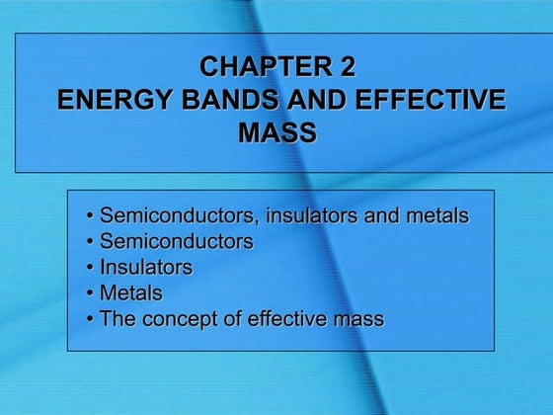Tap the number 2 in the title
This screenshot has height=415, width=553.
(x=347, y=68)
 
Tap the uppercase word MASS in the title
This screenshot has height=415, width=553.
(x=276, y=132)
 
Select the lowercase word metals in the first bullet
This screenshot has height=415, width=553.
(x=437, y=214)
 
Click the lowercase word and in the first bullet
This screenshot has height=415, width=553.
(x=381, y=214)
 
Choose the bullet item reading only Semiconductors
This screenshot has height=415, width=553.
(x=177, y=241)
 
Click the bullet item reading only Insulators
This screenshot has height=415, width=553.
(x=146, y=267)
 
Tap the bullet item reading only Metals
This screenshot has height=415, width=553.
(x=131, y=293)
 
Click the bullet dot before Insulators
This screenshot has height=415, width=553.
(x=91, y=268)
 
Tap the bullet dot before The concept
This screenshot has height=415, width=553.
(x=91, y=320)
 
